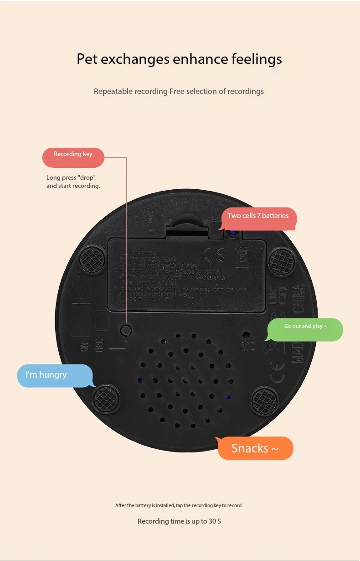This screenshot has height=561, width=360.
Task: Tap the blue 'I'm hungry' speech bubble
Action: [x=54, y=375]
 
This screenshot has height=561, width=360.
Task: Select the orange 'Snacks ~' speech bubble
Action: [x=255, y=448]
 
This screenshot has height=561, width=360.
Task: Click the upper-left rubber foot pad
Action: [x=93, y=260]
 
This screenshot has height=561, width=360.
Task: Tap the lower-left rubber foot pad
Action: [x=106, y=399]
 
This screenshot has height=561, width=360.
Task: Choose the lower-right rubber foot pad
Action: [x=265, y=400]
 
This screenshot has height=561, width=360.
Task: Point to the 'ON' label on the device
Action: [x=84, y=347]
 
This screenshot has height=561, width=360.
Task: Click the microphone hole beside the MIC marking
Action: [x=246, y=334]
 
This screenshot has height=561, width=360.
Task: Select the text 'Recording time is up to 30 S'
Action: [x=179, y=521]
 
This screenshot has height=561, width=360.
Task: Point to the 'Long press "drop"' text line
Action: [x=71, y=177]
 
